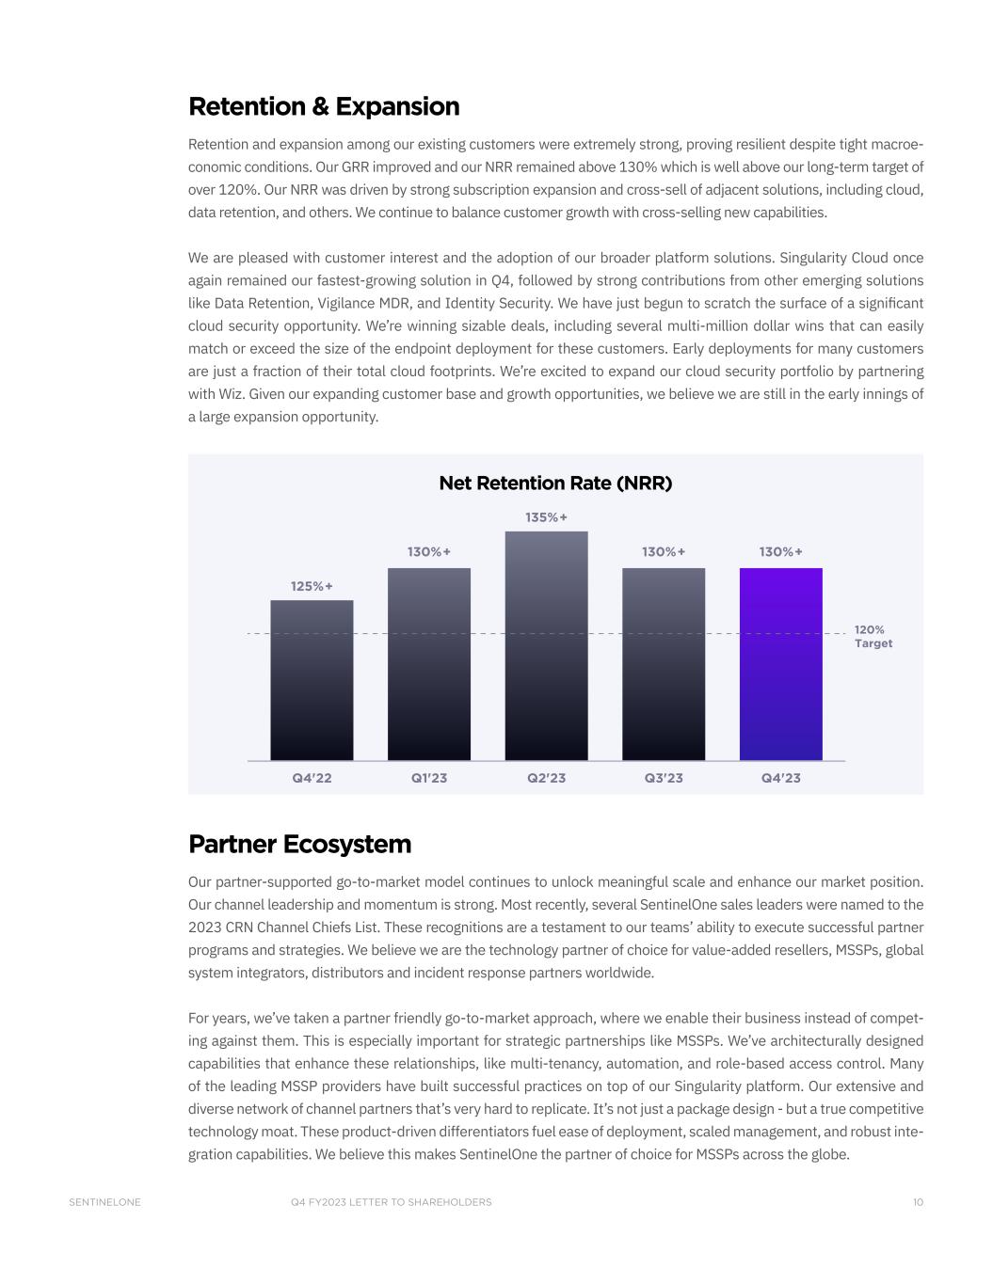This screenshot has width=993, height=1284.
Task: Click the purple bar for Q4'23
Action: point(780,663)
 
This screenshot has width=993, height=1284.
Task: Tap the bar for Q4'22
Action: point(312,679)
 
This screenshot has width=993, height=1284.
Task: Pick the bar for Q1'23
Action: point(428,663)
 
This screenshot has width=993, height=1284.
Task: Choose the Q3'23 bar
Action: point(664,663)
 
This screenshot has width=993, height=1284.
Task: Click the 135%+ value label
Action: point(546,517)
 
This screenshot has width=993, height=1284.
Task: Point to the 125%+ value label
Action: point(312,586)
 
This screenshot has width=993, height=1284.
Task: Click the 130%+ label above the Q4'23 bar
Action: point(780,551)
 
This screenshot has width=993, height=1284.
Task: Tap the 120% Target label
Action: point(873,637)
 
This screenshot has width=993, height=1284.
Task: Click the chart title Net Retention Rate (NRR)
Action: point(555,483)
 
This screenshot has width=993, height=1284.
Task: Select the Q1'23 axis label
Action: point(428,778)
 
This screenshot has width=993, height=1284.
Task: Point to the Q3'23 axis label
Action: point(664,778)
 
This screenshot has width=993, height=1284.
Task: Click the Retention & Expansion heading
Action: point(324,106)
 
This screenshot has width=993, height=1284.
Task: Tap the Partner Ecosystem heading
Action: point(299,844)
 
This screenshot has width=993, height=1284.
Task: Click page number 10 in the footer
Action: point(918,1202)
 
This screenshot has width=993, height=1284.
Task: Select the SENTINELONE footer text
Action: point(104,1202)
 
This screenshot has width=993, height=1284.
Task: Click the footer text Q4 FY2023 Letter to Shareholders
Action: point(392,1202)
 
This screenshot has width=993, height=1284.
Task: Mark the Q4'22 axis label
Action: point(312,778)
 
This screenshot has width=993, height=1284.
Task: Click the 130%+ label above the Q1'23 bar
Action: point(428,551)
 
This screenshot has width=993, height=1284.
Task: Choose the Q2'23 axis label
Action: point(546,778)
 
